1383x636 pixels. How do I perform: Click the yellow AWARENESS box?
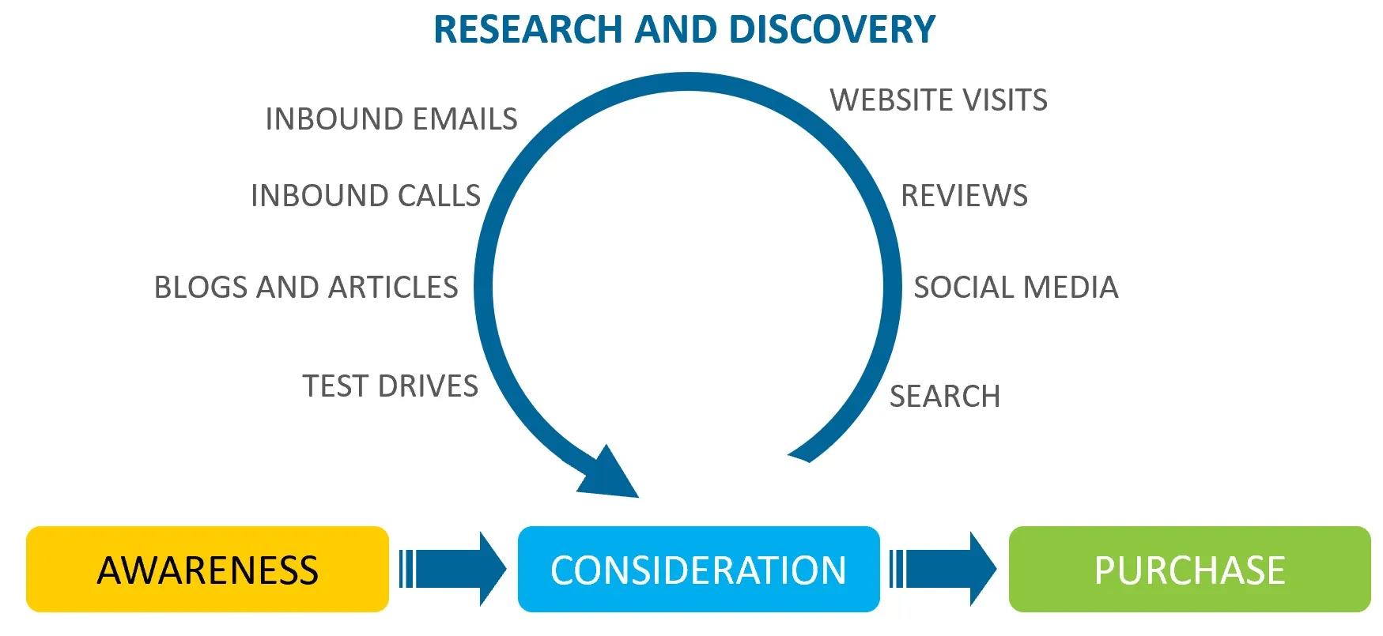click(207, 570)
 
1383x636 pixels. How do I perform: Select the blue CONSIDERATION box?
click(698, 570)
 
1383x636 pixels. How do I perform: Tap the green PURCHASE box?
click(1189, 570)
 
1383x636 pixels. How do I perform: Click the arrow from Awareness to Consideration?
click(453, 569)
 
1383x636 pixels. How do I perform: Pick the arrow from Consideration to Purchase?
click(943, 569)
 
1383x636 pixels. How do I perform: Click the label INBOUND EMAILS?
click(391, 119)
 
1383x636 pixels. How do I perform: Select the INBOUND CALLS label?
click(365, 196)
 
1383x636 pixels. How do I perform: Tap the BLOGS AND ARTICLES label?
click(306, 288)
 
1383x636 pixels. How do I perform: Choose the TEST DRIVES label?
click(390, 386)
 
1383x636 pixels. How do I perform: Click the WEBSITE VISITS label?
click(939, 100)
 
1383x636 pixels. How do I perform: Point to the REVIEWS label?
click(964, 196)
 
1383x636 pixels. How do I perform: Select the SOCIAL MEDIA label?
click(1015, 288)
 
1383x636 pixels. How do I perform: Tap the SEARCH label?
click(945, 397)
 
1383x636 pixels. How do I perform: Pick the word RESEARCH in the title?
click(528, 30)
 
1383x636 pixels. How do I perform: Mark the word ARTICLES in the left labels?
click(393, 288)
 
